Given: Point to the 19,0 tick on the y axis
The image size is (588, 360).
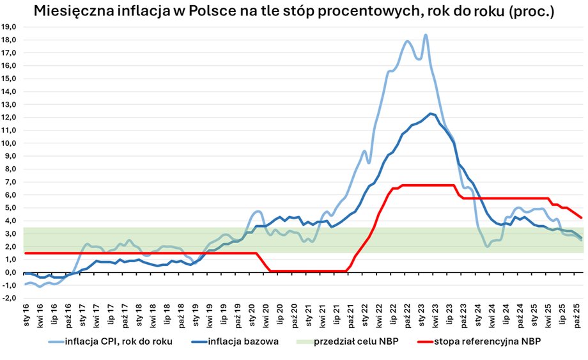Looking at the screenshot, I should coord(11,27).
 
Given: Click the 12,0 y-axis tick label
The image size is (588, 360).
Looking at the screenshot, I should coord(11,117).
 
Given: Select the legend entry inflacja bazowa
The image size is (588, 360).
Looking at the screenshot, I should coord(243,341).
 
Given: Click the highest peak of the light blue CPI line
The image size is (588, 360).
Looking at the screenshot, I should coord(426,36).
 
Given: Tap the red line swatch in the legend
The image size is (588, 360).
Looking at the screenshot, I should coord(422,341).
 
